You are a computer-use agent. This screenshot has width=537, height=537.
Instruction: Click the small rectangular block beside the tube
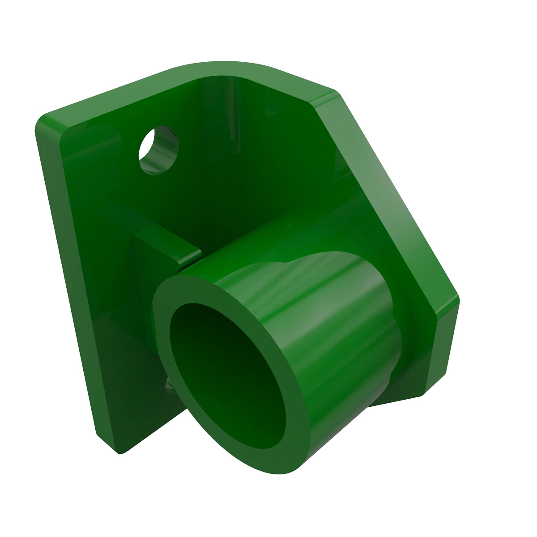[x=157, y=251]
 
